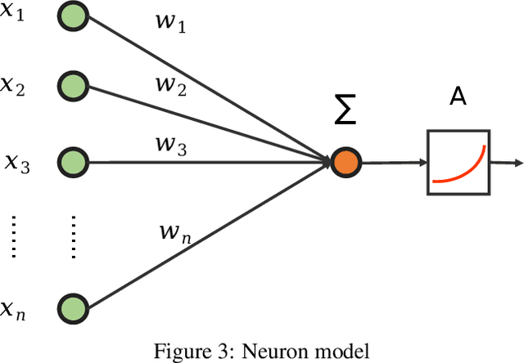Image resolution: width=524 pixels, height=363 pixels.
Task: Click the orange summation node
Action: click(344, 162)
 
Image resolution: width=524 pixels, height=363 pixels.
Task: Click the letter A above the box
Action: click(458, 99)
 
